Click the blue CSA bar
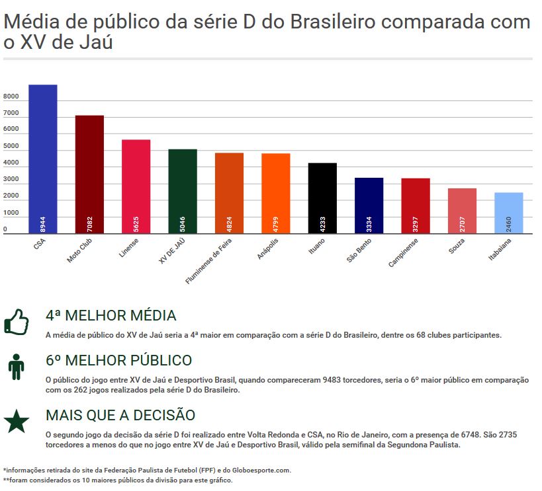[x=43, y=159]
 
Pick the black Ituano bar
[x=322, y=198]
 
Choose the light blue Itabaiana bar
[x=509, y=212]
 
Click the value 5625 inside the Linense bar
[x=136, y=223]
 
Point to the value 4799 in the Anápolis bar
[x=276, y=223]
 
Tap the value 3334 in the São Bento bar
[x=369, y=223]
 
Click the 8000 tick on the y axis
[x=11, y=97]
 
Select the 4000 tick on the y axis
[x=11, y=163]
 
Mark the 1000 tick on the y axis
[x=11, y=213]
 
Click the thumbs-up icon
[x=16, y=322]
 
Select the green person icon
[x=16, y=366]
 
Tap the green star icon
[x=16, y=421]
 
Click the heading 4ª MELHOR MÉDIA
[x=111, y=315]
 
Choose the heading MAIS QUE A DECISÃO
[x=120, y=415]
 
